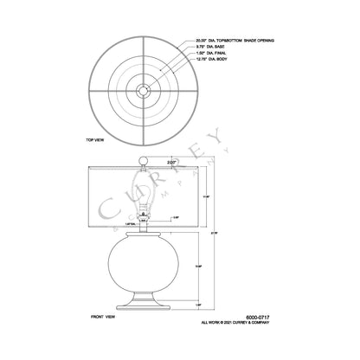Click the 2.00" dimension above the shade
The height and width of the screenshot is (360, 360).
[x=172, y=161]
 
